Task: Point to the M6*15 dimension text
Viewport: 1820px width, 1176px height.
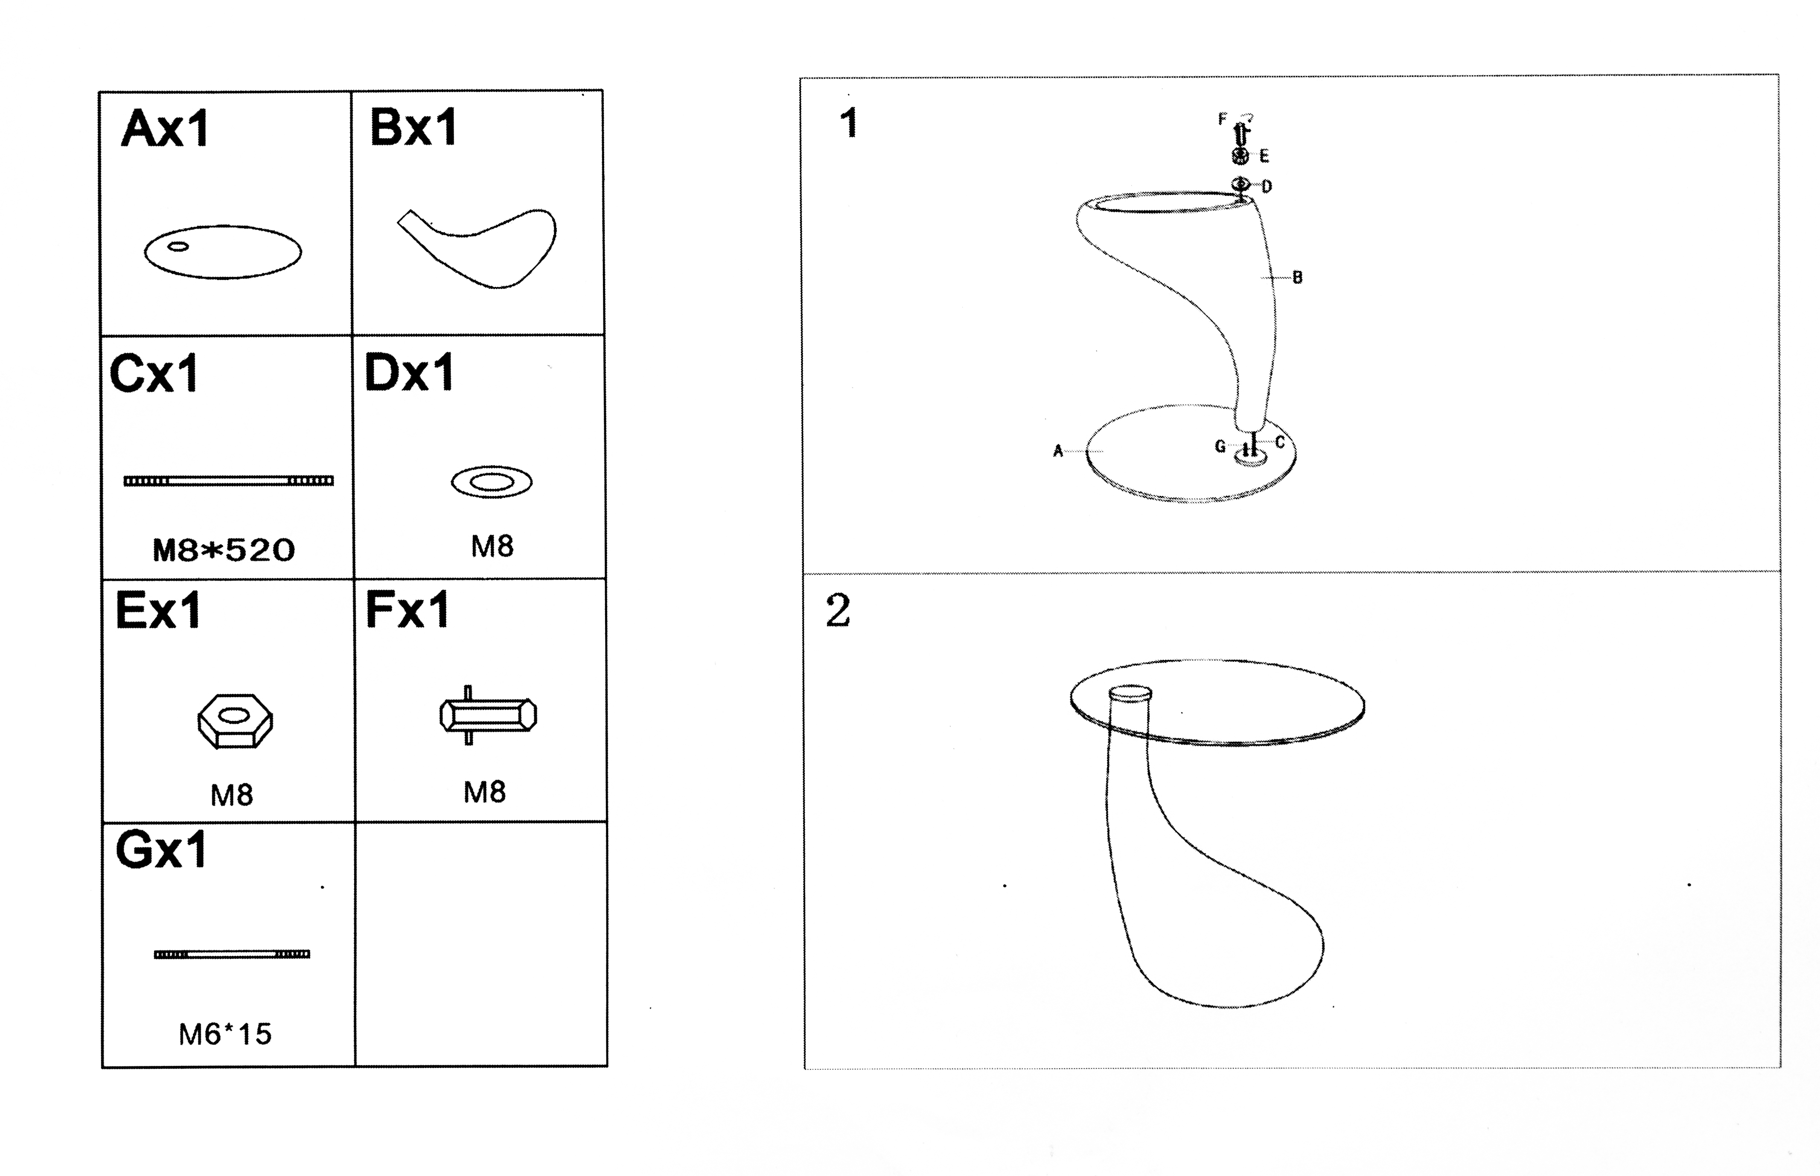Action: pyautogui.click(x=225, y=1034)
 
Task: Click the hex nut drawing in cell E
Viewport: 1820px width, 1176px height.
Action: pyautogui.click(x=235, y=721)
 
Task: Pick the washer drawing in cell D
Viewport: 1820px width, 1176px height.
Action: pyautogui.click(x=492, y=482)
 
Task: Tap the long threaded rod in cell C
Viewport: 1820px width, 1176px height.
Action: pyautogui.click(x=228, y=480)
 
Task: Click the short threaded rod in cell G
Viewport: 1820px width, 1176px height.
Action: pyautogui.click(x=232, y=954)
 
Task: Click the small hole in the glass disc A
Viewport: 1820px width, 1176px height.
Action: pyautogui.click(x=178, y=246)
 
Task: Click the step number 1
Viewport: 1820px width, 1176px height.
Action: pyautogui.click(x=848, y=123)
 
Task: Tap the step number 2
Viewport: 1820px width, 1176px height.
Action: pyautogui.click(x=838, y=611)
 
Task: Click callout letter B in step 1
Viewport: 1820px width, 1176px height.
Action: pyautogui.click(x=1297, y=278)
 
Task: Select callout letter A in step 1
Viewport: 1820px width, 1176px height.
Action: pyautogui.click(x=1058, y=451)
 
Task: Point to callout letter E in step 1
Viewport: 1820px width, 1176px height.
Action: pyautogui.click(x=1264, y=157)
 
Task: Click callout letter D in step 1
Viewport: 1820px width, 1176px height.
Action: pyautogui.click(x=1267, y=186)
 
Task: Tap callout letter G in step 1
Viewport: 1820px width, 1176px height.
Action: pyautogui.click(x=1220, y=446)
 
